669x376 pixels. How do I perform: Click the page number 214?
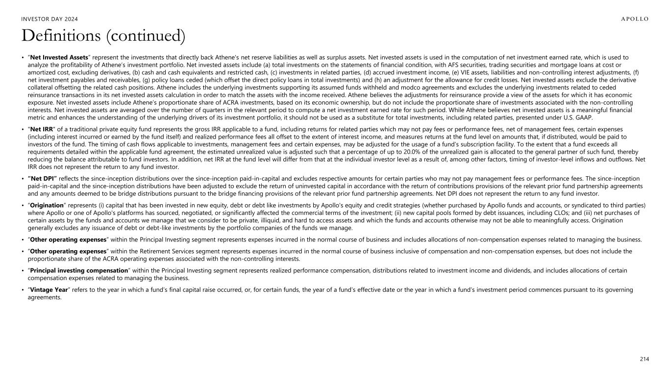click(644, 359)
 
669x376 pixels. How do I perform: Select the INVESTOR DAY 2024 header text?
click(50, 19)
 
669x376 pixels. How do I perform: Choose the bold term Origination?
click(47, 205)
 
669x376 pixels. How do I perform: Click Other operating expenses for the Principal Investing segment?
click(68, 239)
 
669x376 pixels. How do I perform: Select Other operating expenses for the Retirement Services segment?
click(68, 251)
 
